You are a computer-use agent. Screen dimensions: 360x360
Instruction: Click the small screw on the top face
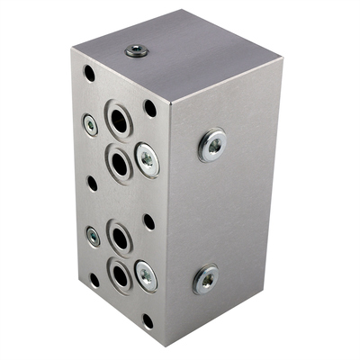(133, 51)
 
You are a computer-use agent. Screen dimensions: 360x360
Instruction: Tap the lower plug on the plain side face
(205, 278)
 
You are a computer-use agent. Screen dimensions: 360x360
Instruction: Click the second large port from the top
(120, 162)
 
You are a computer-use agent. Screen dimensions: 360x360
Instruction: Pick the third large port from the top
(120, 237)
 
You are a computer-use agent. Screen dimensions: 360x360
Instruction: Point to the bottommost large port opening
(120, 274)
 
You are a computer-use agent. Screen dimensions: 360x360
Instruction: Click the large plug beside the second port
(147, 160)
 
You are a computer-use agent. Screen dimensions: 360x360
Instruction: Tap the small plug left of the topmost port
(91, 124)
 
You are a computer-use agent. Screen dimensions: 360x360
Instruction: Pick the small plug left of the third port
(94, 237)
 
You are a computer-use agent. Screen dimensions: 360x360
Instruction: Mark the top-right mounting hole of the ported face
(149, 108)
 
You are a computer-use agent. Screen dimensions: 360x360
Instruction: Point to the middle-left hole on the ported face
(92, 183)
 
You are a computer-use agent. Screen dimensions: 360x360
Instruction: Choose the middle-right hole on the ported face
(148, 221)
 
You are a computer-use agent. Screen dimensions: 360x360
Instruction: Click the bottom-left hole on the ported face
(94, 280)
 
